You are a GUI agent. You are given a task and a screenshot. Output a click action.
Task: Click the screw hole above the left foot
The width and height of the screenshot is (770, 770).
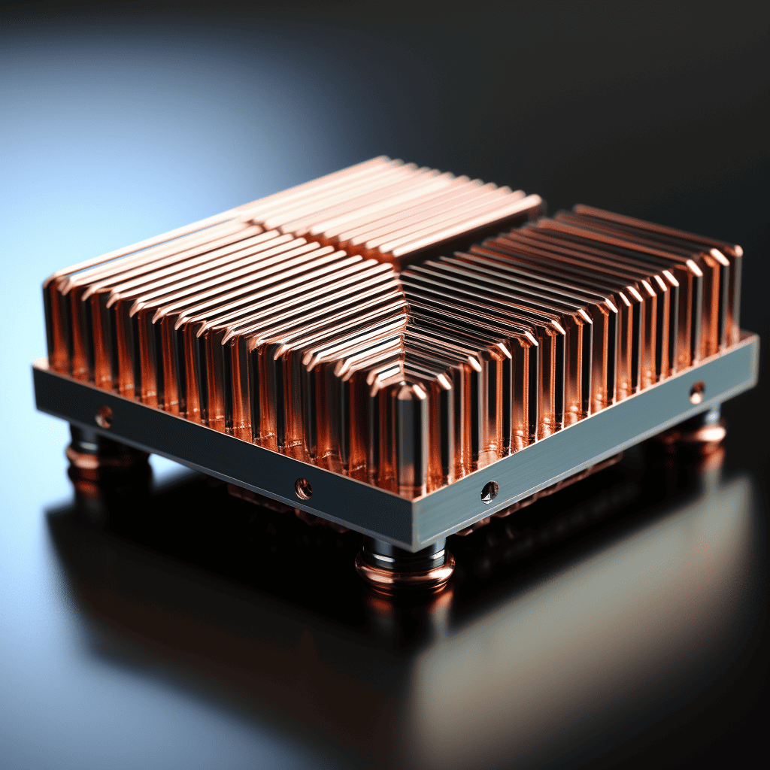tap(104, 416)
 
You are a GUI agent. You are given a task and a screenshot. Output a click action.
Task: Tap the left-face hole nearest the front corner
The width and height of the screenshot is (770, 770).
tap(303, 488)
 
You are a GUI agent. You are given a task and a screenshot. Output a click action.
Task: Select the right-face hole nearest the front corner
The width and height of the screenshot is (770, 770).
tap(489, 492)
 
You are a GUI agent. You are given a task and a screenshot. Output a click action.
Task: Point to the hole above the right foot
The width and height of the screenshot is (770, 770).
tap(697, 393)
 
